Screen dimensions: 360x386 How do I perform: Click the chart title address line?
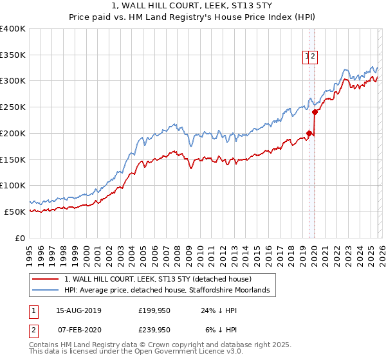192,6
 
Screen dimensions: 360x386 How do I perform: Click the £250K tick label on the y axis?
13,107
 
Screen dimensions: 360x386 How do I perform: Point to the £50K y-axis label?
15,212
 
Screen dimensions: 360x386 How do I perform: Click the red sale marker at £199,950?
309,134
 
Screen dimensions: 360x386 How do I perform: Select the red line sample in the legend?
46,279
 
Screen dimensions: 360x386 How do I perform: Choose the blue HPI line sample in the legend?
46,291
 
